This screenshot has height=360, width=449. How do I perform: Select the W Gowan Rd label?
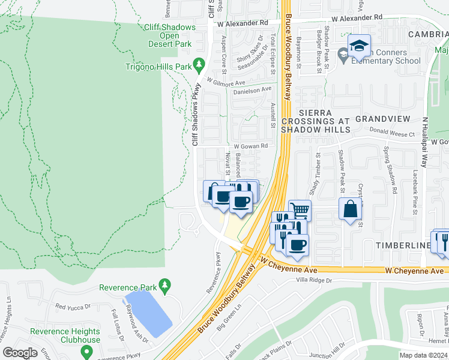click(250, 146)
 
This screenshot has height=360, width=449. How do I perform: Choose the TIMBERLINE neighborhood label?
click(403, 246)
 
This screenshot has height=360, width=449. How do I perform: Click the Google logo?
click(20, 353)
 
